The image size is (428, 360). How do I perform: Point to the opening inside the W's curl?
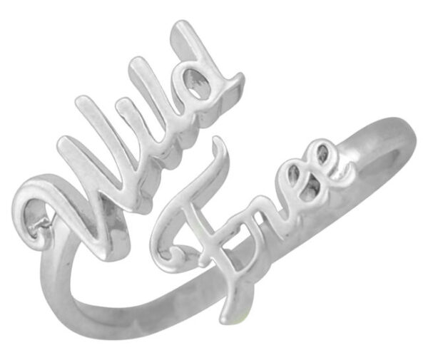click(35, 212)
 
